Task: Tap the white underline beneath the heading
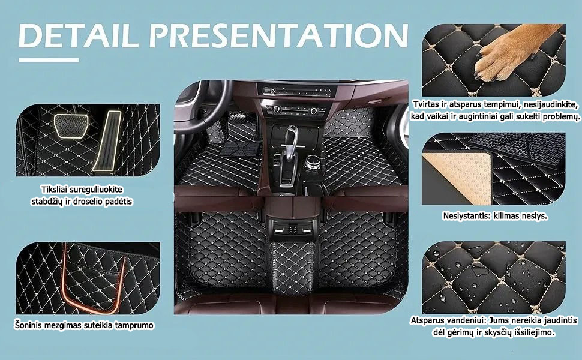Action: [x=49, y=60]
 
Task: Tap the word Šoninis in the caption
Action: [x=28, y=325]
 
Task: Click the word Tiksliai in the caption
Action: [x=56, y=189]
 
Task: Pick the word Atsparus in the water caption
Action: [x=427, y=320]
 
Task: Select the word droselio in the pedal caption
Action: [x=92, y=202]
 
